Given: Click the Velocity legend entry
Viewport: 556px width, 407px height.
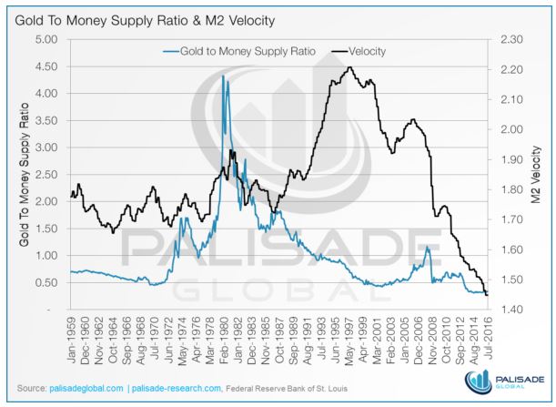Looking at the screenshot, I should [368, 51].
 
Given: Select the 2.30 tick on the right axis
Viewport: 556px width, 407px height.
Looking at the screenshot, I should [511, 39].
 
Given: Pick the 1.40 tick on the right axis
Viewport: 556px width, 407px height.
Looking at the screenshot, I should [511, 310].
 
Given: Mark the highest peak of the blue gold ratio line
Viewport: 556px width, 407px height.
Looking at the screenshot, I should [223, 76].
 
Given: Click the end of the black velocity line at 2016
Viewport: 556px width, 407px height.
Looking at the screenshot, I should [486, 294].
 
